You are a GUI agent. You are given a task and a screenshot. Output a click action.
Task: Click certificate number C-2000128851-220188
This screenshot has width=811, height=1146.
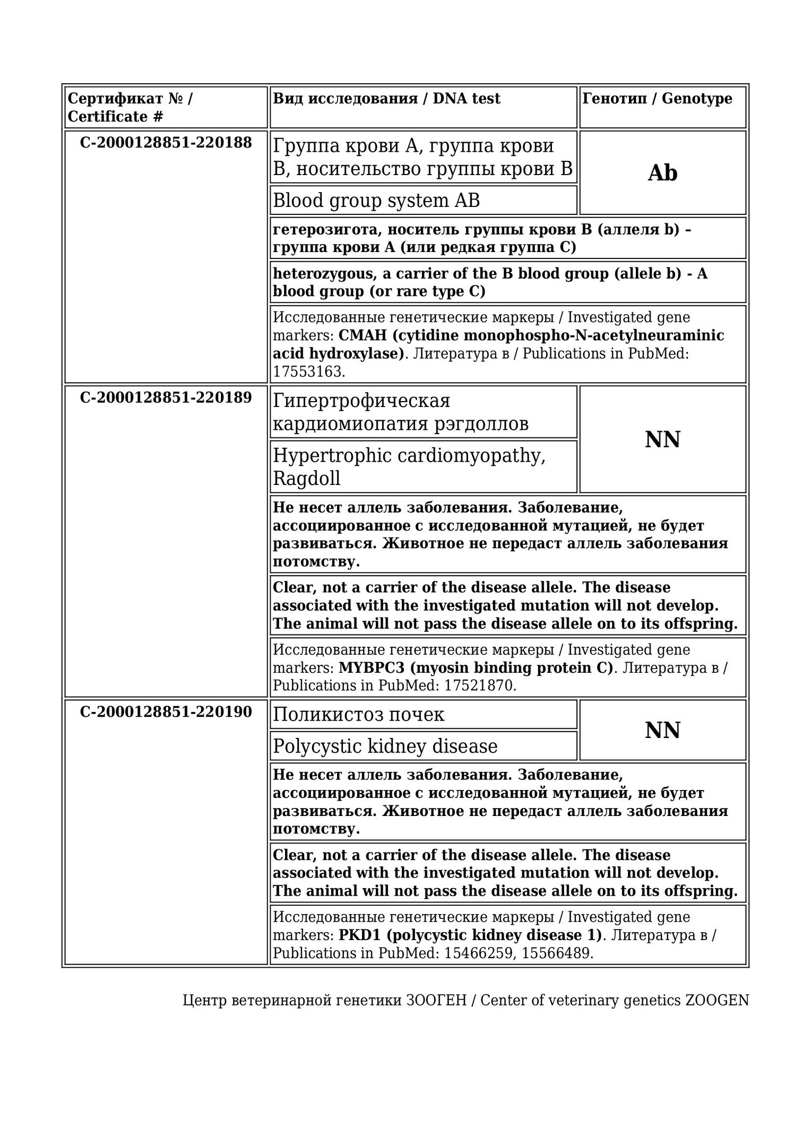tap(166, 143)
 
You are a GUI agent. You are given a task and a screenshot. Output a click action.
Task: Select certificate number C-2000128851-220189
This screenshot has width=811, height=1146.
tap(166, 397)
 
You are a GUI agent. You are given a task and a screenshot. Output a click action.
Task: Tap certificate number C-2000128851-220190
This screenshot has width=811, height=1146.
tap(166, 711)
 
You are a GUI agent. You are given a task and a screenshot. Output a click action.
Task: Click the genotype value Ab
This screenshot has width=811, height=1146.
tap(662, 173)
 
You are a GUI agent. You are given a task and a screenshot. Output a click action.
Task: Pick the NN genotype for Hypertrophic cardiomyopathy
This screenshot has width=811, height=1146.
tap(662, 439)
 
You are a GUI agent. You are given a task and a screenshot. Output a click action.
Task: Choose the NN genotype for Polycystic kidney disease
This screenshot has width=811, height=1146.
tap(662, 730)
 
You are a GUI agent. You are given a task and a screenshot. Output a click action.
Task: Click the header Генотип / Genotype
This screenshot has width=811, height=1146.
tap(657, 99)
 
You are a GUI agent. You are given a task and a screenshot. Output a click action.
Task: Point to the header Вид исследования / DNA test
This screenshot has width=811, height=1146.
tap(386, 99)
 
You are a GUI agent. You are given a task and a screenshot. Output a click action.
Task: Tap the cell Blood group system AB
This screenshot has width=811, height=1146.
tap(376, 201)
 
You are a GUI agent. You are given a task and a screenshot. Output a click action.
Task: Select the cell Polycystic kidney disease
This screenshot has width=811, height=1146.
tap(385, 746)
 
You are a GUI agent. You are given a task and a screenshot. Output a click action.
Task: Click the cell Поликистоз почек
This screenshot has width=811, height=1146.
tap(358, 715)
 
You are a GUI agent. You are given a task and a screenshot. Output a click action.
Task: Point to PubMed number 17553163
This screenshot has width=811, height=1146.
tap(308, 371)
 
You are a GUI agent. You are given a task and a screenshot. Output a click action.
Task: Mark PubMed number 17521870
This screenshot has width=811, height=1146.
tap(479, 685)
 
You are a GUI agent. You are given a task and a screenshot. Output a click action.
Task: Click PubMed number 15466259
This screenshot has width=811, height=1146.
tap(479, 953)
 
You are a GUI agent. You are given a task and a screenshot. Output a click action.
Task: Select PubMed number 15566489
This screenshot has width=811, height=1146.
tap(556, 953)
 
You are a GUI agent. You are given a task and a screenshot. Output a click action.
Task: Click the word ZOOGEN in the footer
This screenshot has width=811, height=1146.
tap(717, 1000)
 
